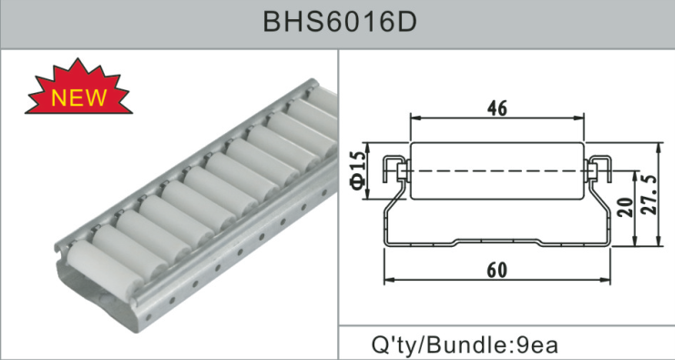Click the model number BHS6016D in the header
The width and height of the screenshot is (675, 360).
[x=340, y=22]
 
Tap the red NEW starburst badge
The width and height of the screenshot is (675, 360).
[x=78, y=89]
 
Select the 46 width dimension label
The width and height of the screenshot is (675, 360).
[x=497, y=108]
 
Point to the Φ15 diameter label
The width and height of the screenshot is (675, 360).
[x=359, y=171]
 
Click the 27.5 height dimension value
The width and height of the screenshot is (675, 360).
[x=650, y=195]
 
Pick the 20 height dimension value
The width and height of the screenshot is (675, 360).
[x=628, y=207]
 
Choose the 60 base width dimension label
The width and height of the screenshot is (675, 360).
[x=497, y=271]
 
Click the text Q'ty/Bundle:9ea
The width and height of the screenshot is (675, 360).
[x=465, y=345]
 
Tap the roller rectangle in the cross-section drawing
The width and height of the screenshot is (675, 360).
[x=497, y=171]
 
